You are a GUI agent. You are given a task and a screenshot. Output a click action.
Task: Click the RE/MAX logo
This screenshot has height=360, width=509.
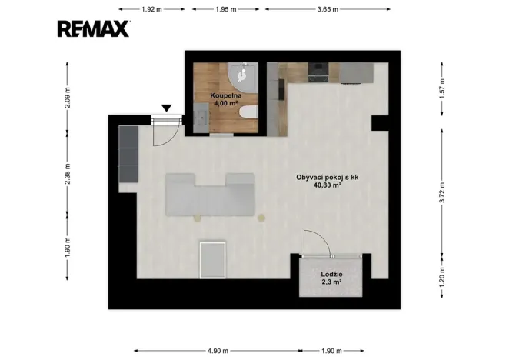(94, 28)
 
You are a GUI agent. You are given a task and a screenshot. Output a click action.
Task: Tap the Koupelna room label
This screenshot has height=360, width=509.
(225, 95)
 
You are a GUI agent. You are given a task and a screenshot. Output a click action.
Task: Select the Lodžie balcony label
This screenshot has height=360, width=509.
(331, 274)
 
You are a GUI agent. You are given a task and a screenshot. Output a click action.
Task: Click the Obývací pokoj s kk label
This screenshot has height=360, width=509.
(328, 178)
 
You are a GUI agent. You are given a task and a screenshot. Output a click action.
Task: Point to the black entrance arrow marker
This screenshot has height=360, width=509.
(167, 108)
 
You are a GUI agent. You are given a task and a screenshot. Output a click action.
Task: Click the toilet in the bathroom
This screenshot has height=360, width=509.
(248, 112)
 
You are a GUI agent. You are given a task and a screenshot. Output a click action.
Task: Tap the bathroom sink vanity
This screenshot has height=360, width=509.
(201, 117)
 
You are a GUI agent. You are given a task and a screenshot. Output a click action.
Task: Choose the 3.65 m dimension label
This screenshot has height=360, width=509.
(328, 9)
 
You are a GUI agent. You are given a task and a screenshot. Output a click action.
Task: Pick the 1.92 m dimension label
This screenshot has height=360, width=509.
(151, 9)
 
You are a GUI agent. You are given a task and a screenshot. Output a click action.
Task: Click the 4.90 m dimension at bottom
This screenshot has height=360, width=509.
(218, 351)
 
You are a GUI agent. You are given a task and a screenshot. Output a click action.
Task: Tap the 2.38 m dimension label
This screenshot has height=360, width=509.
(67, 174)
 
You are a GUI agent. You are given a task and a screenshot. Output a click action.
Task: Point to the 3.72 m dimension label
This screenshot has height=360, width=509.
(442, 192)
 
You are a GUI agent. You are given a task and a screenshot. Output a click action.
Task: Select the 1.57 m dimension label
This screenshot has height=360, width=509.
(442, 89)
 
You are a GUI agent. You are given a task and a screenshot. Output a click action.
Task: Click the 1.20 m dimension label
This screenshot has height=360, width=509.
(442, 277)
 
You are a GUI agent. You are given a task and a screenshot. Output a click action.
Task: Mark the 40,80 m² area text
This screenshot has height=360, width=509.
(328, 185)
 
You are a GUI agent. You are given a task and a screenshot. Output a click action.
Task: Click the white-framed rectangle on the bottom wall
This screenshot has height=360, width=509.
(213, 259)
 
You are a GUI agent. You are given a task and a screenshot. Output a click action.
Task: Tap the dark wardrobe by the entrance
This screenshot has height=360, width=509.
(128, 154)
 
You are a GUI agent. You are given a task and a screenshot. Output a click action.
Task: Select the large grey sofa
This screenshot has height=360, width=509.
(210, 195)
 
